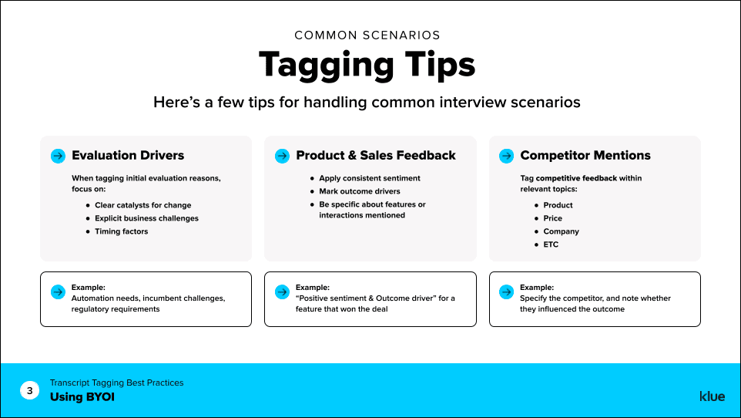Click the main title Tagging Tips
pyautogui.click(x=367, y=65)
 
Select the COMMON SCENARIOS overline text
pyautogui.click(x=367, y=35)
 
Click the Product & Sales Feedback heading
pyautogui.click(x=376, y=155)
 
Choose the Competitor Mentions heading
pyautogui.click(x=585, y=155)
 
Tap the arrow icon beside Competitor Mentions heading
pyautogui.click(x=506, y=156)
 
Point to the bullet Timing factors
pyautogui.click(x=121, y=231)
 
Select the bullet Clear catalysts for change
pyautogui.click(x=142, y=205)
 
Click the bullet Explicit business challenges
pyautogui.click(x=146, y=218)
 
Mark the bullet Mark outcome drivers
pyautogui.click(x=360, y=191)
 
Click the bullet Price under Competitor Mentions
pyautogui.click(x=552, y=218)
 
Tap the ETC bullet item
pyautogui.click(x=551, y=244)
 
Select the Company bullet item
pyautogui.click(x=561, y=231)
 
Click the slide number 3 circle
pyautogui.click(x=30, y=391)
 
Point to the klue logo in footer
pyautogui.click(x=712, y=396)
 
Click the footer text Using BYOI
pyautogui.click(x=82, y=397)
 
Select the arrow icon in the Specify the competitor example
pyautogui.click(x=506, y=292)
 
